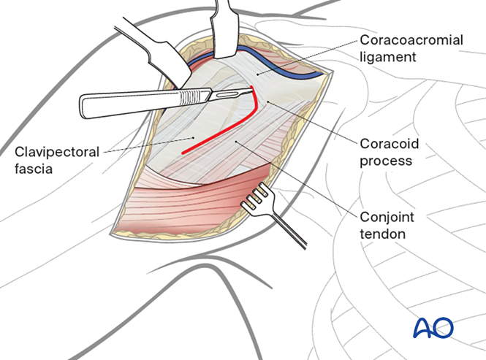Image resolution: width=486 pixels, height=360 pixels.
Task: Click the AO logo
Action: point(433,328)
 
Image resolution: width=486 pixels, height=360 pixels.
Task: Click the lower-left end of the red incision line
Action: point(183,153)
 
